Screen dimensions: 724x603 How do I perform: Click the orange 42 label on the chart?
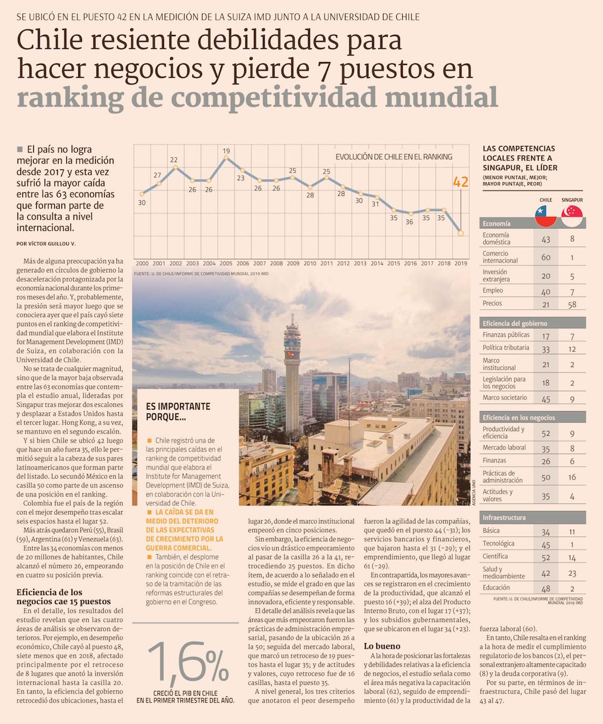pos(461,181)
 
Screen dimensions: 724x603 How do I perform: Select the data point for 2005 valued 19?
pos(226,158)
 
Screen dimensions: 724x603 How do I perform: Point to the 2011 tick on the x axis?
pos(326,263)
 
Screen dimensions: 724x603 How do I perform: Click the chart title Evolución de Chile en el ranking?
pos(394,157)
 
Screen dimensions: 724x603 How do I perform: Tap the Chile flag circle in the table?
pos(546,216)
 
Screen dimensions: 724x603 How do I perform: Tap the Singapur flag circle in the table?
pos(572,216)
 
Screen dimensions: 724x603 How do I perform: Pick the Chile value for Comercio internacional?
pos(546,257)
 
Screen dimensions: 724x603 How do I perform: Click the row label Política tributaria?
pos(506,348)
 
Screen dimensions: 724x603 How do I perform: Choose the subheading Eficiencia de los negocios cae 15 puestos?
pos(58,596)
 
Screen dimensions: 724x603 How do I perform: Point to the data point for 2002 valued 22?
pos(175,167)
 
